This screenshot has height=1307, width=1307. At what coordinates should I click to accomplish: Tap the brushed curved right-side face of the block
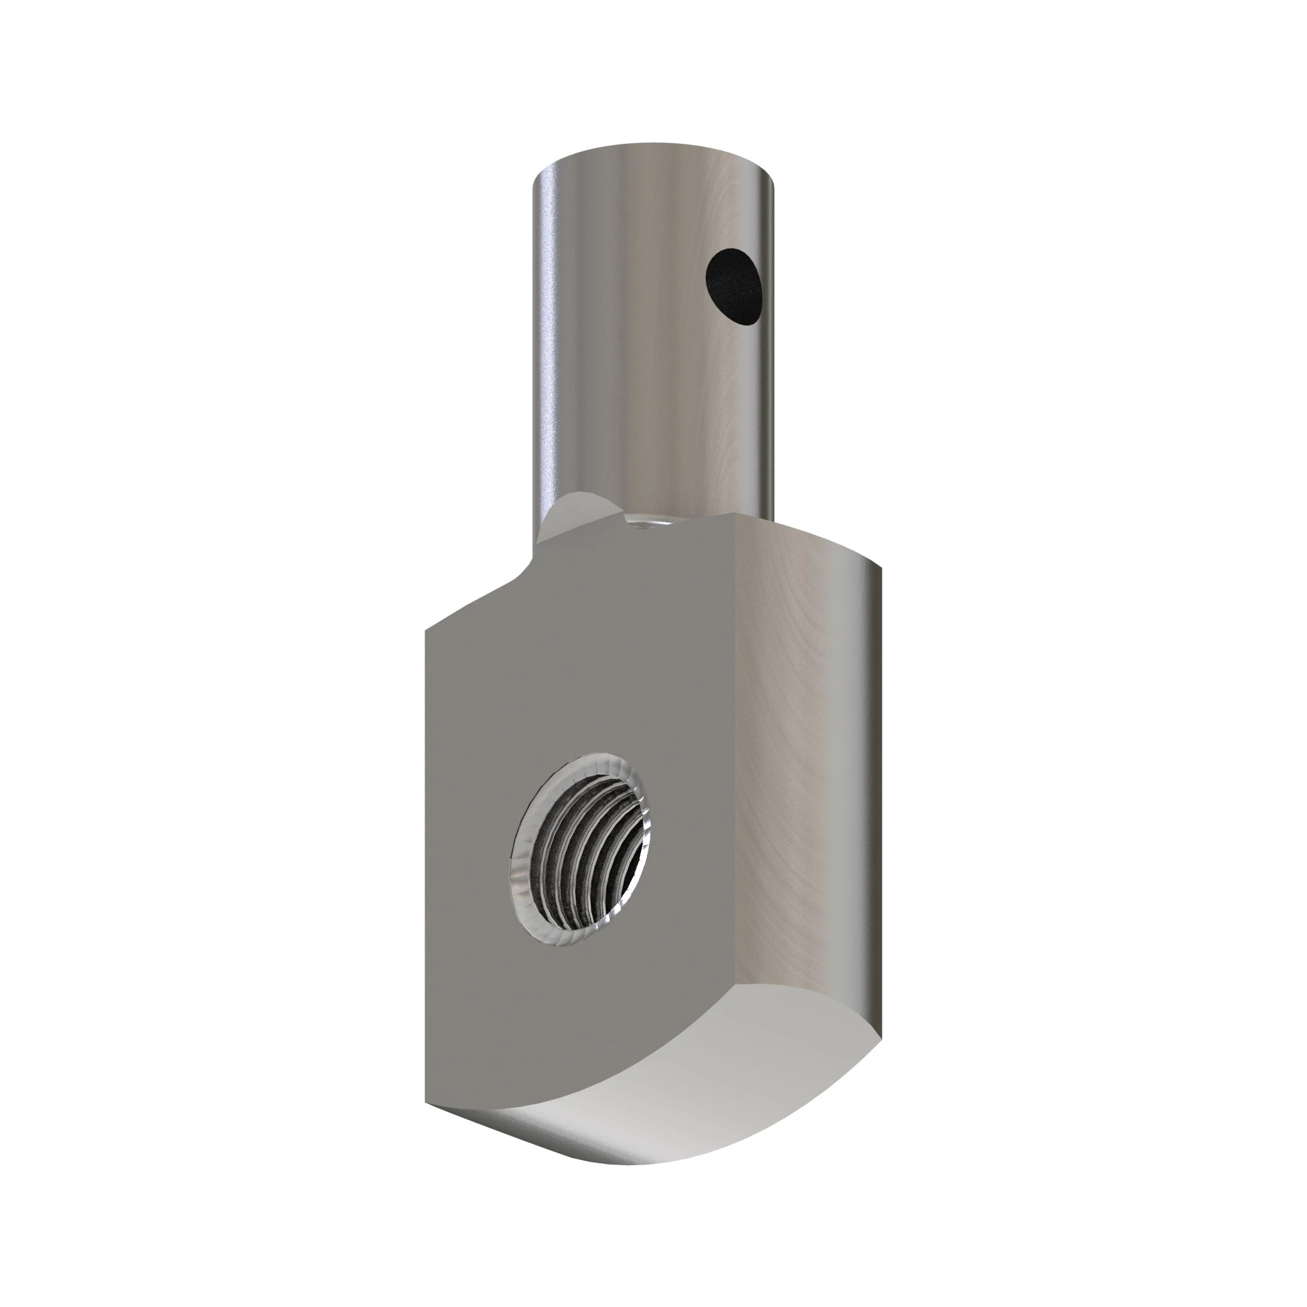click(x=812, y=778)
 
